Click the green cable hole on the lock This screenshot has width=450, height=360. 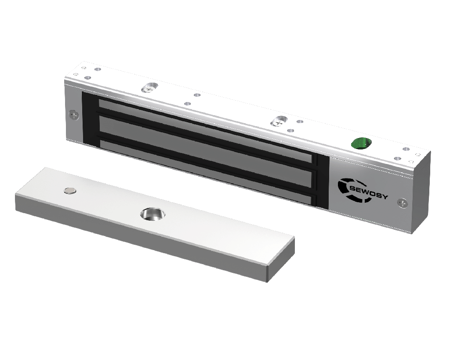click(361, 143)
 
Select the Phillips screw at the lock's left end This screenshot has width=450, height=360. click(74, 116)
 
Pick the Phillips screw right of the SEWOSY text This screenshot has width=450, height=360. click(403, 203)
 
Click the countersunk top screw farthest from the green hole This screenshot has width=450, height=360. click(149, 87)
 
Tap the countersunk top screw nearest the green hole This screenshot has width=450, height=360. click(278, 121)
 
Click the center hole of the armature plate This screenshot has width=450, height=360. click(152, 214)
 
